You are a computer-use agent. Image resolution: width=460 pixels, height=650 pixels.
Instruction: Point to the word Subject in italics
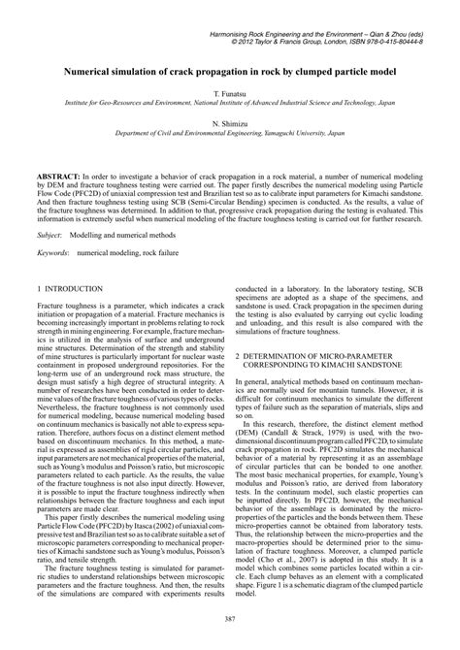click(x=49, y=235)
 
